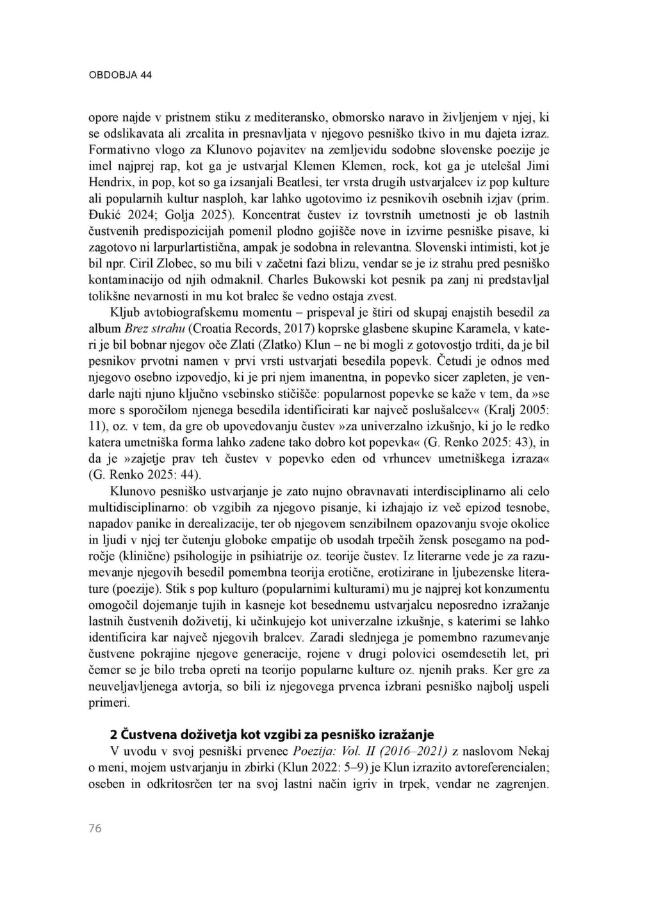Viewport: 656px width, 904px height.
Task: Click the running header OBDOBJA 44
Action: tap(120, 75)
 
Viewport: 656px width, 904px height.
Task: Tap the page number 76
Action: tap(95, 828)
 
